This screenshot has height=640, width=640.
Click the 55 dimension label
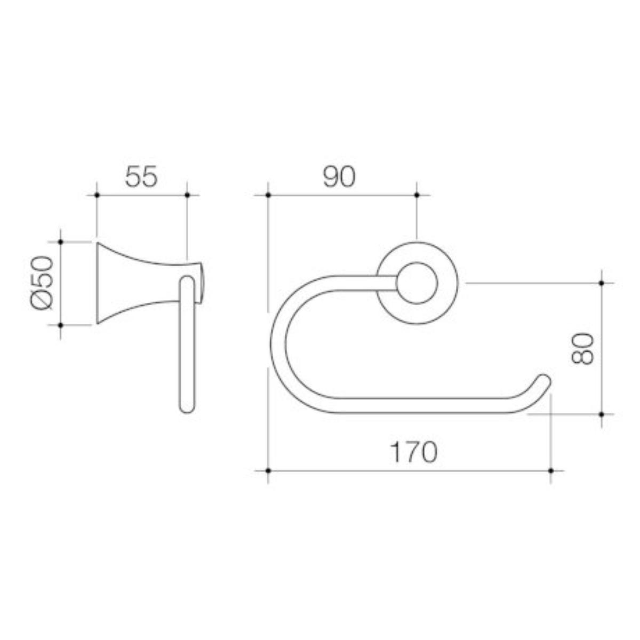[141, 177]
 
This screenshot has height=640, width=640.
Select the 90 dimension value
[339, 177]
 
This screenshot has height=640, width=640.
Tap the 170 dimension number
[413, 452]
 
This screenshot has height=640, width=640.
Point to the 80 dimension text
[582, 349]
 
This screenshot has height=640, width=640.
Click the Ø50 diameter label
[42, 283]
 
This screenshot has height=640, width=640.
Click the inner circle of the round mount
[417, 283]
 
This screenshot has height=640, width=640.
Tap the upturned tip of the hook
[545, 380]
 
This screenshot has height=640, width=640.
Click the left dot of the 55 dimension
[97, 195]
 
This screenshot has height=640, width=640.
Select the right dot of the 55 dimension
[187, 195]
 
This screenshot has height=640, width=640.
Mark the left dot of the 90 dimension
[268, 195]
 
